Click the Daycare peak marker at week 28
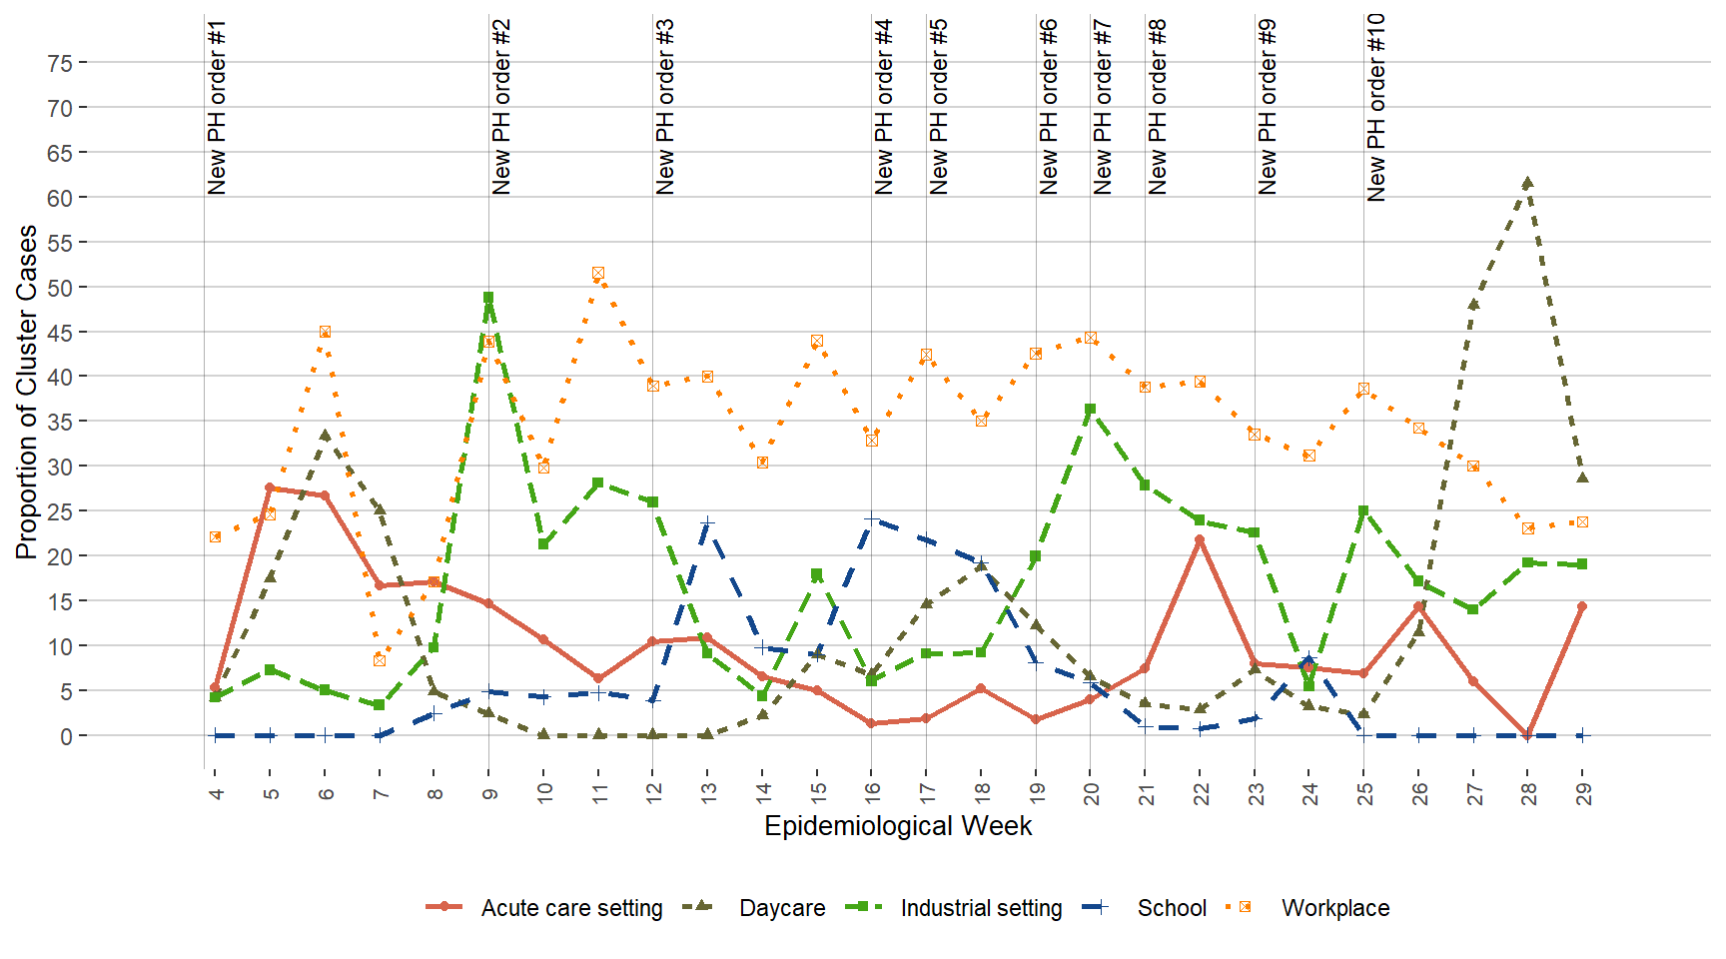tap(1527, 183)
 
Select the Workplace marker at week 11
tap(598, 273)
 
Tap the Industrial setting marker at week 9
tap(488, 298)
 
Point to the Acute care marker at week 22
tap(1200, 539)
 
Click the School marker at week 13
tap(708, 522)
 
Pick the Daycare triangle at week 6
tap(325, 436)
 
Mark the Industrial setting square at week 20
tap(1090, 409)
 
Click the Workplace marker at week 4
tap(215, 537)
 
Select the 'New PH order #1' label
tap(217, 107)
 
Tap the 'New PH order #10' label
tap(1376, 107)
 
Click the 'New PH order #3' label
tap(665, 107)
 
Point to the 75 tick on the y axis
tap(60, 63)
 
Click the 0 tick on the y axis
tap(66, 736)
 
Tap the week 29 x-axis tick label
tap(1583, 793)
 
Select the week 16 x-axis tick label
tap(872, 793)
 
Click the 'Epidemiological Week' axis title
tap(898, 826)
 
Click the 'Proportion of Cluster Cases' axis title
tap(27, 392)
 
